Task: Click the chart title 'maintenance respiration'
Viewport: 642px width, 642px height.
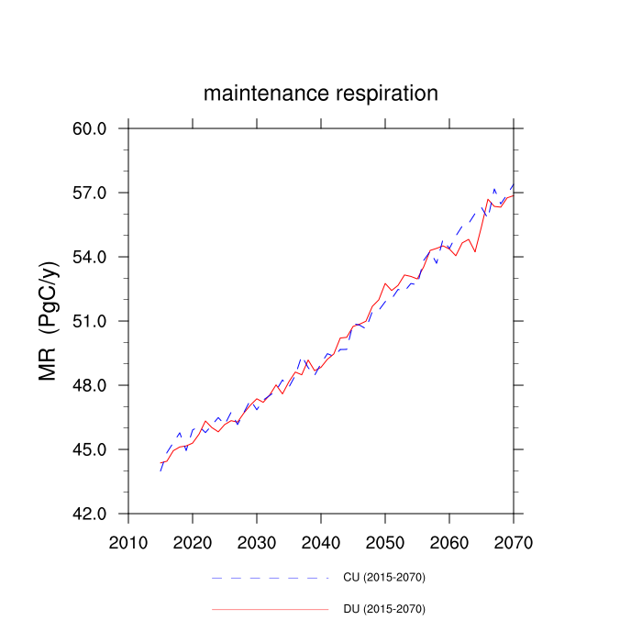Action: pyautogui.click(x=321, y=94)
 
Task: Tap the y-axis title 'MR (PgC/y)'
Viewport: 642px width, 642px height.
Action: pyautogui.click(x=49, y=321)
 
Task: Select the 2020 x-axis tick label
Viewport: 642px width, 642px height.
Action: pyautogui.click(x=193, y=541)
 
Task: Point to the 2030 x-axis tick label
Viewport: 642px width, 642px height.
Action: pyautogui.click(x=257, y=541)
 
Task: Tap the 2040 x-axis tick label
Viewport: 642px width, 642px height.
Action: pyautogui.click(x=321, y=541)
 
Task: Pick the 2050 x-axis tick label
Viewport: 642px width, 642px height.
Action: pyautogui.click(x=385, y=541)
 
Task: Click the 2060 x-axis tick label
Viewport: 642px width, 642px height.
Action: pyautogui.click(x=449, y=541)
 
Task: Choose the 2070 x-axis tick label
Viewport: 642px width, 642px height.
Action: pyautogui.click(x=514, y=541)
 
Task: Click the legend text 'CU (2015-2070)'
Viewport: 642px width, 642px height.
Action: pyautogui.click(x=383, y=577)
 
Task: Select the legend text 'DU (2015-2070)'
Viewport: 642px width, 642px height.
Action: pyautogui.click(x=383, y=609)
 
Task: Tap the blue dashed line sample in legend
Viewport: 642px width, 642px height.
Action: pyautogui.click(x=270, y=578)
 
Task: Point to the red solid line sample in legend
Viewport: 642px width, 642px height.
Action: pyautogui.click(x=270, y=609)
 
